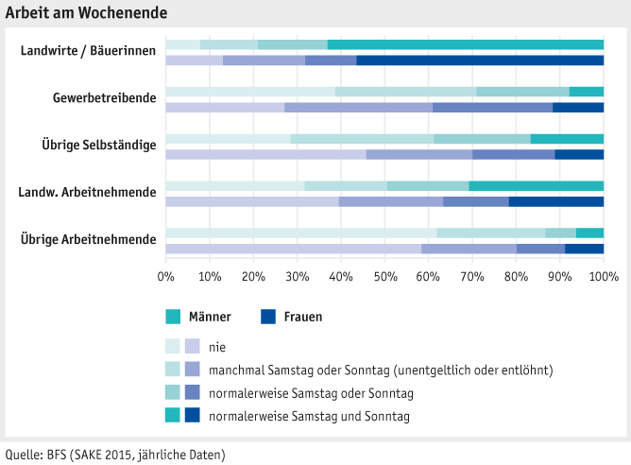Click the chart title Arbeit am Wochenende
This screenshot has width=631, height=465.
tap(86, 12)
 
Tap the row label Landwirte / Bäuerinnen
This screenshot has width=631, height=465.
tap(89, 51)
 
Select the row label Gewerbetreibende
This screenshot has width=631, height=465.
tap(104, 98)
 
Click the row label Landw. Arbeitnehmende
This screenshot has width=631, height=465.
tap(87, 192)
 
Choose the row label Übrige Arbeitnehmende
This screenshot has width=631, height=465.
tap(88, 239)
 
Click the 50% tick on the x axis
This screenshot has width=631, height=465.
tap(384, 277)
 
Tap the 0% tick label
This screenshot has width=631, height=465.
tap(165, 277)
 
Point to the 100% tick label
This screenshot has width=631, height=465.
tap(603, 277)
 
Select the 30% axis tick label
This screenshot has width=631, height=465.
tap(297, 277)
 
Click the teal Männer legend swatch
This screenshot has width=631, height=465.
tap(173, 317)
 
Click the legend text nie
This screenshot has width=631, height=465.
tap(217, 347)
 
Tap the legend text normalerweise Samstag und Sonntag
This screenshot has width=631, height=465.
tap(309, 415)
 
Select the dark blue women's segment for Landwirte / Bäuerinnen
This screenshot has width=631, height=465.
tap(480, 60)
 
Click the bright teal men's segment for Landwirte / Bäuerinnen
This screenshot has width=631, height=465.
tap(466, 44)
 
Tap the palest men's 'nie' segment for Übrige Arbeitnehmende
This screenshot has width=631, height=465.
tap(300, 232)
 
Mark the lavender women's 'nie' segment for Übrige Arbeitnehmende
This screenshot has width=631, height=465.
tap(293, 249)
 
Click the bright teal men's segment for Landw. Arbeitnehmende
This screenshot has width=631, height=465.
tap(537, 185)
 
